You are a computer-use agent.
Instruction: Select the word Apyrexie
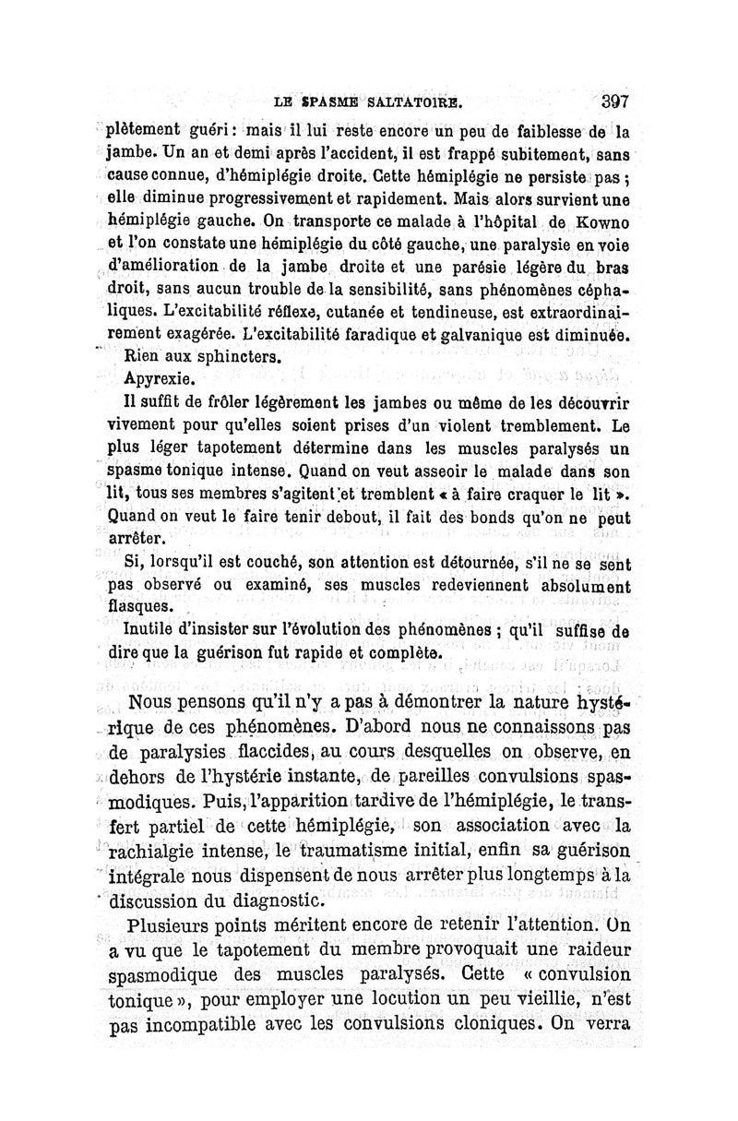click(x=159, y=379)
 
